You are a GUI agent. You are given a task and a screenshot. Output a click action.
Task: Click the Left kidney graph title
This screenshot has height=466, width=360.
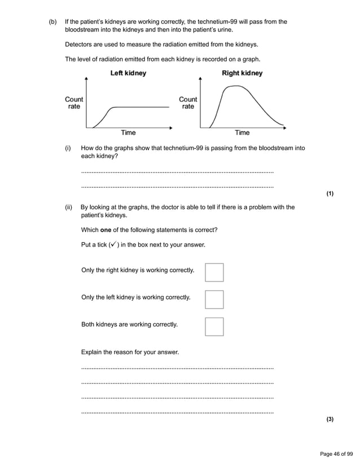pyautogui.click(x=128, y=73)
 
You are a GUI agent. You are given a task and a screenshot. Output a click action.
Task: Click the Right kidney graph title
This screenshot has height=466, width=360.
pyautogui.click(x=242, y=73)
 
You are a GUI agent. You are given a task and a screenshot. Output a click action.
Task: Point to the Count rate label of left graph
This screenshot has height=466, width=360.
pyautogui.click(x=74, y=103)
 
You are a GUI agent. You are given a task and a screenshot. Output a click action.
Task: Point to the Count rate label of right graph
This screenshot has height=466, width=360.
pyautogui.click(x=188, y=103)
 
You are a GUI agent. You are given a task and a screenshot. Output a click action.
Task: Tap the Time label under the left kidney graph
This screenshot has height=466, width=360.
pyautogui.click(x=128, y=133)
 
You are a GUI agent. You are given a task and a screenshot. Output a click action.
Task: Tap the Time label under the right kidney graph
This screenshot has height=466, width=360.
pyautogui.click(x=242, y=133)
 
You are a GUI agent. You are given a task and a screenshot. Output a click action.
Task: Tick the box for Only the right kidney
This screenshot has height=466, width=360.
pyautogui.click(x=214, y=272)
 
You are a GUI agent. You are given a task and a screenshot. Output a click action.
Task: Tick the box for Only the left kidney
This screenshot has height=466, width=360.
pyautogui.click(x=214, y=300)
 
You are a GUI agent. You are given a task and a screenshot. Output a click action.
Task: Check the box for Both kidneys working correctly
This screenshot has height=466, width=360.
pyautogui.click(x=214, y=327)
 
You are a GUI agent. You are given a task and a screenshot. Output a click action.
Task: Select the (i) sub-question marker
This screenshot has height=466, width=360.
pyautogui.click(x=68, y=148)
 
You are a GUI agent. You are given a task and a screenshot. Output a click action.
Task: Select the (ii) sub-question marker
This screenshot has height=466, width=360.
pyautogui.click(x=68, y=207)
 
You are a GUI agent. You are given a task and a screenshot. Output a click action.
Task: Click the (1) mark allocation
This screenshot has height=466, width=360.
pyautogui.click(x=330, y=194)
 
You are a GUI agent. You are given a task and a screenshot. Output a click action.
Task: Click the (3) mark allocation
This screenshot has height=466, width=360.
pyautogui.click(x=330, y=419)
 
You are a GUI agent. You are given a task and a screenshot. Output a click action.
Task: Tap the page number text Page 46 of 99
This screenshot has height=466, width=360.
pyautogui.click(x=336, y=453)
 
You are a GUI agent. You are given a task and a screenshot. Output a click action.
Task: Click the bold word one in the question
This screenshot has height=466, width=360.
pyautogui.click(x=106, y=230)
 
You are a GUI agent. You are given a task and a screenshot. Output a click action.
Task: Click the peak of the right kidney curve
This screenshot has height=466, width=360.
pyautogui.click(x=232, y=86)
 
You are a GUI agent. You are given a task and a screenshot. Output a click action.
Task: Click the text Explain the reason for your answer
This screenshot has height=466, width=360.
pyautogui.click(x=130, y=352)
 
